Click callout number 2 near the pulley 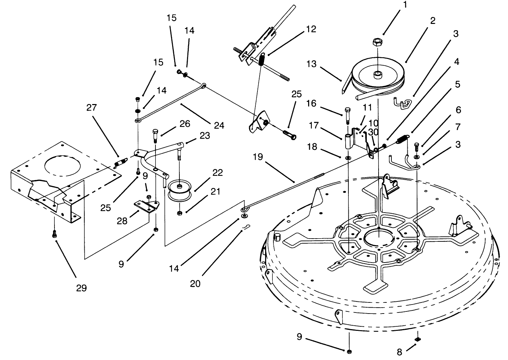(433, 20)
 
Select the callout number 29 (81, 288)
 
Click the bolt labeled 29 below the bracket (54, 234)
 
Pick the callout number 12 (311, 29)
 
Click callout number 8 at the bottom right (399, 352)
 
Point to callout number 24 (218, 125)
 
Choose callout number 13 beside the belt (312, 64)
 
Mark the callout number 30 (373, 132)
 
